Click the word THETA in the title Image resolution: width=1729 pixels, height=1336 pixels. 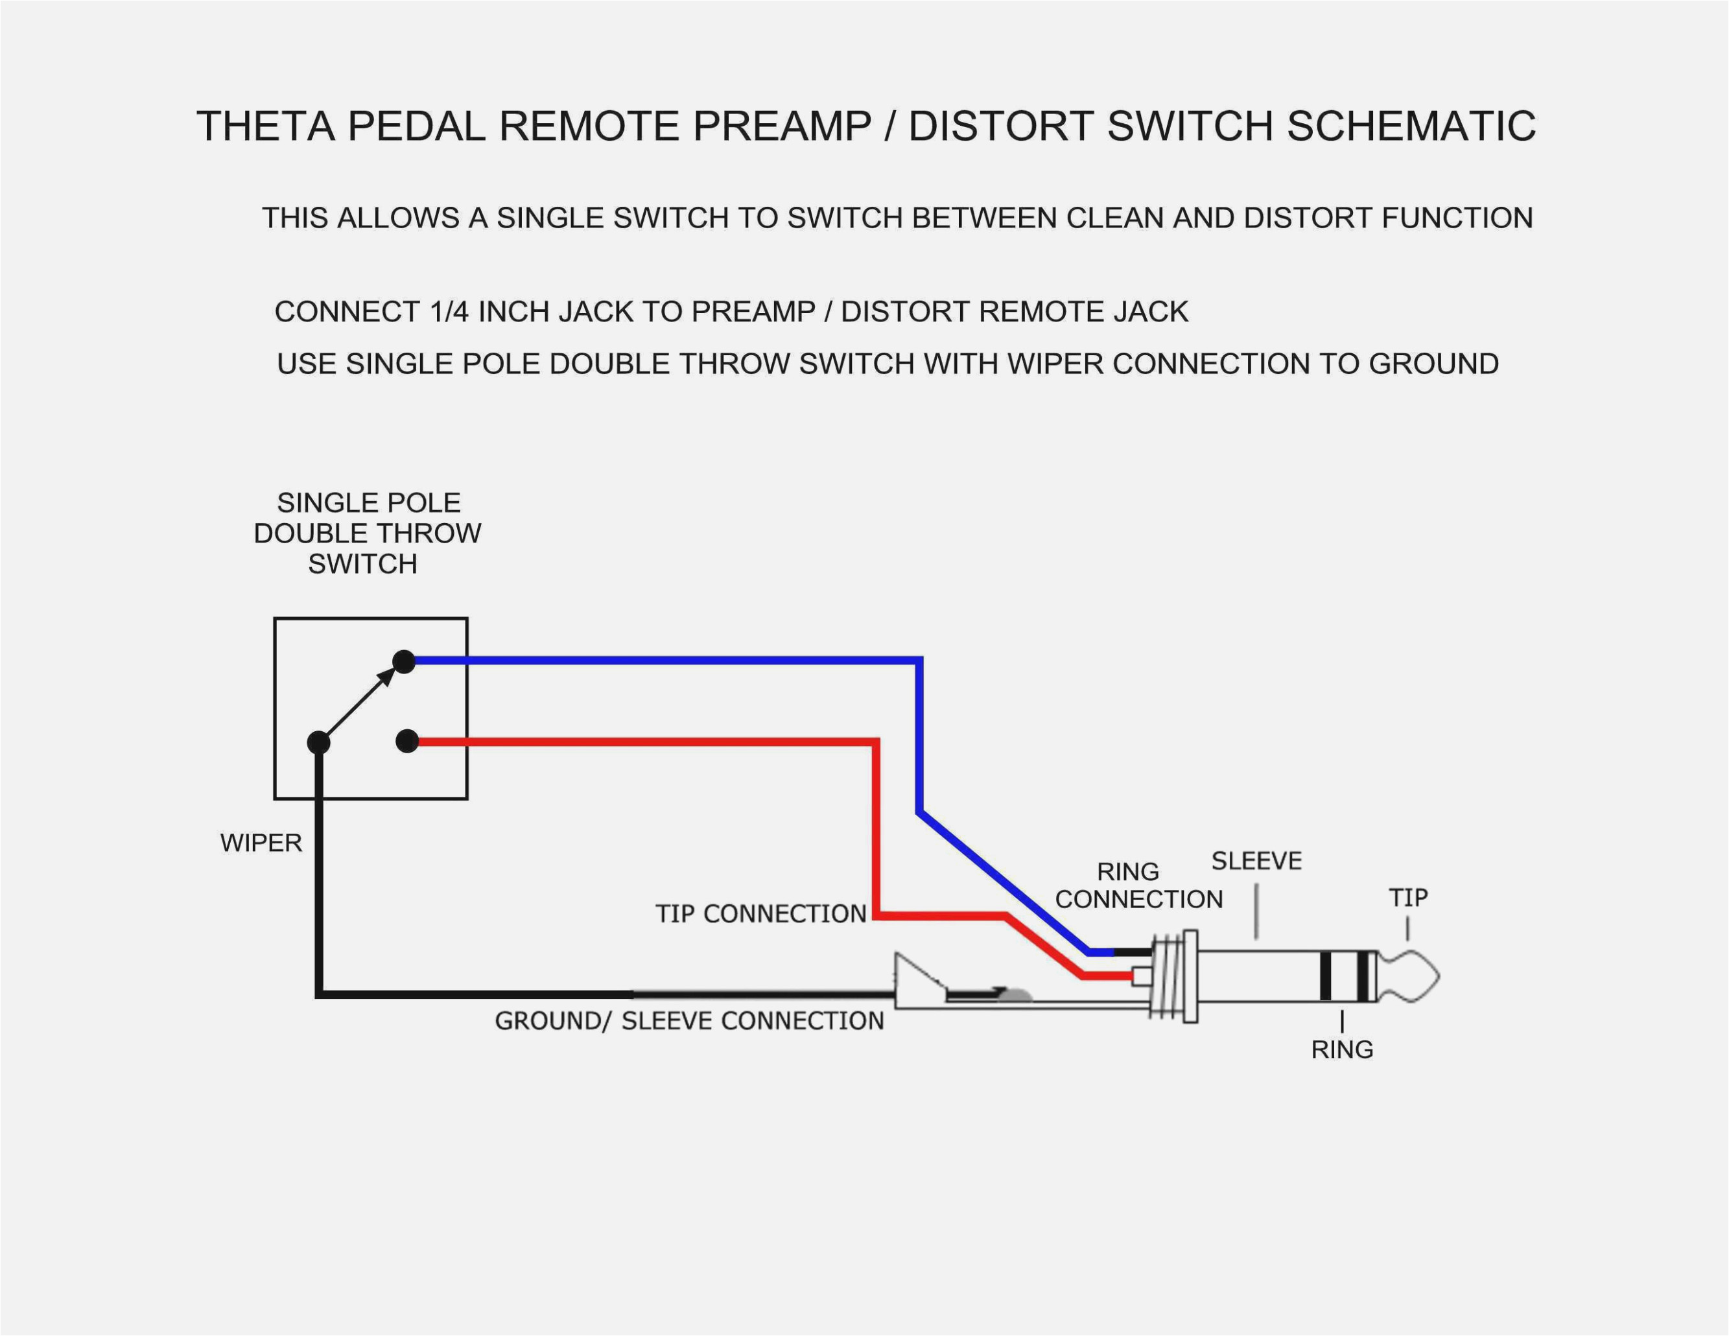coord(265,126)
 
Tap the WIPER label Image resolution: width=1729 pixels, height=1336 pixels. coord(261,843)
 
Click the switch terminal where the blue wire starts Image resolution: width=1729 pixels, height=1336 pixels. coord(404,661)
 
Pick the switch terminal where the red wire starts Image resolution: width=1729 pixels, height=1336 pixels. coord(407,742)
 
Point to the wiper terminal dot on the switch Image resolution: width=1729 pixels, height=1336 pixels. coord(318,742)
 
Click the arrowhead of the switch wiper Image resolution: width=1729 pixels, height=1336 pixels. coord(387,675)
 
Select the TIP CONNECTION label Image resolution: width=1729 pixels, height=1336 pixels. coord(761,914)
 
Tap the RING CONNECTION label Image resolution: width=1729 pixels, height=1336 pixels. coord(1138,885)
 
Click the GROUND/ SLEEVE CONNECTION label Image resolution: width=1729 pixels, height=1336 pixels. coord(688,1021)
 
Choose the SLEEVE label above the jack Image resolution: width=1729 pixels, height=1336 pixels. coord(1256,861)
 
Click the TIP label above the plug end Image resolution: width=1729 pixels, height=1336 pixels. coord(1408,898)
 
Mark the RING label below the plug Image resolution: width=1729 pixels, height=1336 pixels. coord(1342,1049)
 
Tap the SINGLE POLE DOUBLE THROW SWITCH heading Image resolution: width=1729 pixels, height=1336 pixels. coord(368,533)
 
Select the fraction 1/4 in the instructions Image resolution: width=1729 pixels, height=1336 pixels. coord(450,312)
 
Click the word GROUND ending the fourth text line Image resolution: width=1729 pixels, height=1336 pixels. coord(1434,364)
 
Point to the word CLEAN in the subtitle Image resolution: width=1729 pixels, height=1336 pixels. coord(1116,218)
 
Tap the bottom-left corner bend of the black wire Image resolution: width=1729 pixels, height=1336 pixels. coord(319,994)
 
